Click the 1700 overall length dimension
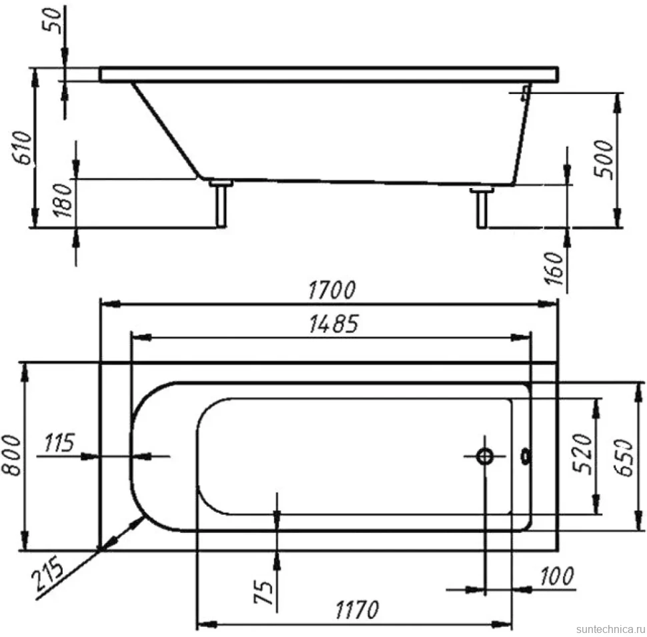[332, 290]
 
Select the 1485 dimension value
[334, 324]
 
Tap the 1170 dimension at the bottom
[356, 610]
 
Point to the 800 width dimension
[11, 455]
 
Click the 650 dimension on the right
[624, 458]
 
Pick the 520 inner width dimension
[584, 453]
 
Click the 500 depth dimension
[605, 159]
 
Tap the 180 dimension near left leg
[63, 200]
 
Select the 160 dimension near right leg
[554, 268]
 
